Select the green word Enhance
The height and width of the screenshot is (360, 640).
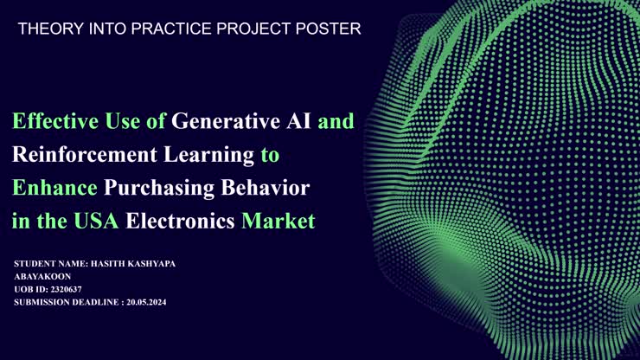(x=54, y=188)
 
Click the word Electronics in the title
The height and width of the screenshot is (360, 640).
(x=180, y=221)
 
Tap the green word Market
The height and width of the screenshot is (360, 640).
(x=278, y=221)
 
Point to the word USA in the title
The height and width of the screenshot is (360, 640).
(x=96, y=221)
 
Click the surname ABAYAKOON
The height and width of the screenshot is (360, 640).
(x=42, y=276)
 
